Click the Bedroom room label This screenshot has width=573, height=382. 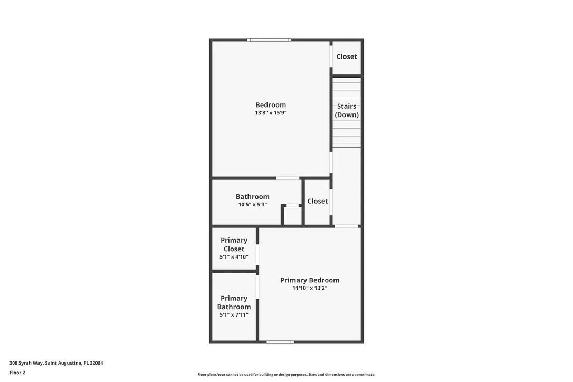tap(271, 105)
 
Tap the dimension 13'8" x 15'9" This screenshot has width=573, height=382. tap(271, 113)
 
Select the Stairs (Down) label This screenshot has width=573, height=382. tap(347, 110)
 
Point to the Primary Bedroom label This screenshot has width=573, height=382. tap(310, 280)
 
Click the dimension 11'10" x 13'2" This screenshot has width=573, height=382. tap(310, 288)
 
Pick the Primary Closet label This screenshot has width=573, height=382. tap(234, 244)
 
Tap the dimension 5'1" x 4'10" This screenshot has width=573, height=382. tap(234, 257)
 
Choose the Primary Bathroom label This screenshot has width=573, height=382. tap(234, 302)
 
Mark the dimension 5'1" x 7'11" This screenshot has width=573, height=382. tap(234, 315)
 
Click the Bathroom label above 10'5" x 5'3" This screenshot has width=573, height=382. tap(252, 197)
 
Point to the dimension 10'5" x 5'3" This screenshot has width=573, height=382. tap(252, 205)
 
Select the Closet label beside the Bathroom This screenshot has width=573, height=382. tap(318, 201)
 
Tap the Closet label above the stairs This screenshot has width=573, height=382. tap(347, 56)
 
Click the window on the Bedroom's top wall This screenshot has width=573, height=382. tap(269, 40)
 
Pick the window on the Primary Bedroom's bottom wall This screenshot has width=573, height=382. tap(280, 342)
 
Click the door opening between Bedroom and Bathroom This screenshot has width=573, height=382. tap(288, 178)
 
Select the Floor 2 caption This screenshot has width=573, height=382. tap(17, 373)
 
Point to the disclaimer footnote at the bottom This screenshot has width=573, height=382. tap(286, 375)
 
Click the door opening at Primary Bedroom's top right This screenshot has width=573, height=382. tap(347, 226)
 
